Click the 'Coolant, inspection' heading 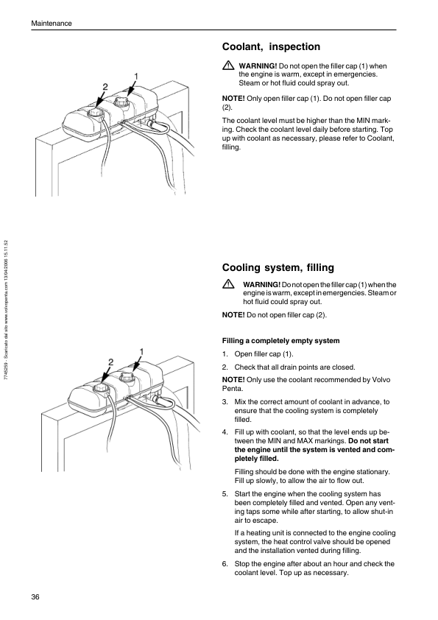271,47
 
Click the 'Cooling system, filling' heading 278,268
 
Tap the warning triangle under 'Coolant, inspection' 228,66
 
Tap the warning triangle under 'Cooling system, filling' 228,284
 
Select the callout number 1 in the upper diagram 136,76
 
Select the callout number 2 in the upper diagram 105,87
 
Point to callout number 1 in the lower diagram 141,351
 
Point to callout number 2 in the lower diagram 110,362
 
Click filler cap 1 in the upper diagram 121,102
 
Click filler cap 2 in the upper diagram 95,113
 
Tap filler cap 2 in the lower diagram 100,388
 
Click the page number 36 35,597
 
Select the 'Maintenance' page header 52,24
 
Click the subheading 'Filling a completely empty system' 280,341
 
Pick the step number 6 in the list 225,564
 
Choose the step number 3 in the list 225,402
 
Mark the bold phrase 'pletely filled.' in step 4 257,459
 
